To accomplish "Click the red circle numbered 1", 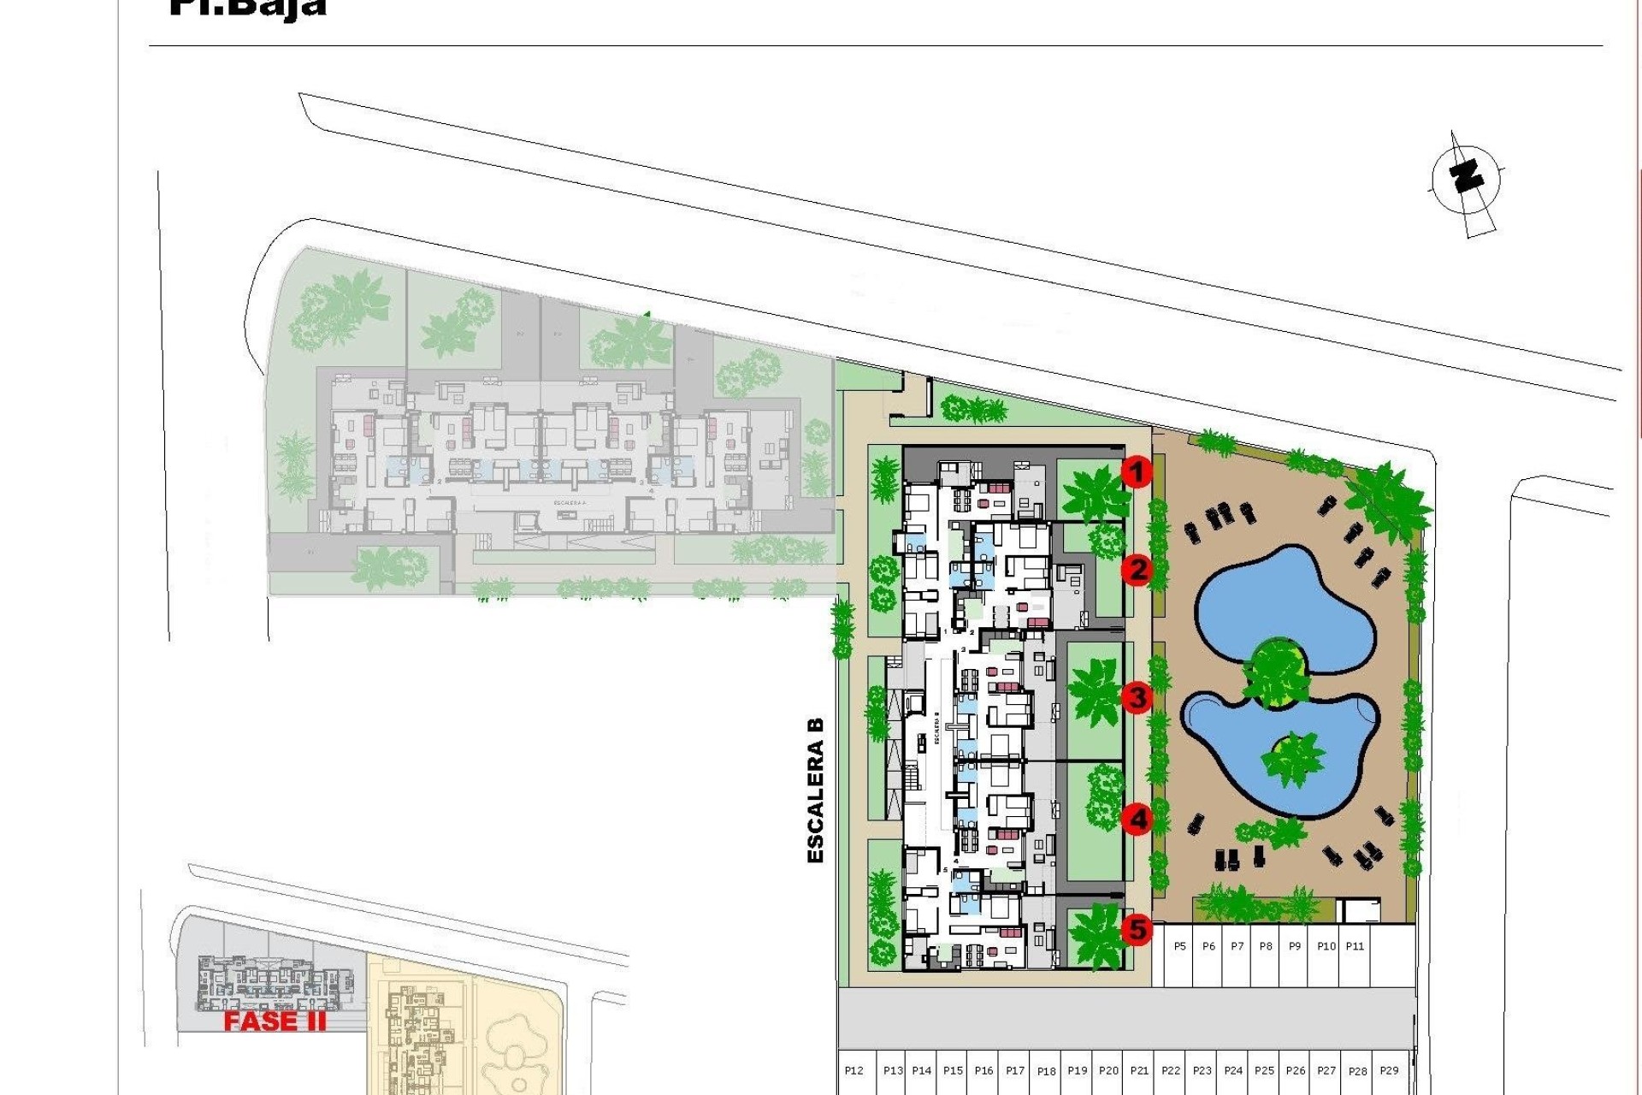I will [x=1137, y=471].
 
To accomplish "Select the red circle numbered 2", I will [x=1137, y=570].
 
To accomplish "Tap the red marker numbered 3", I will [x=1137, y=697].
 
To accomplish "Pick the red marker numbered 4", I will [x=1137, y=820].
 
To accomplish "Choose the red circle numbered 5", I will [x=1137, y=929].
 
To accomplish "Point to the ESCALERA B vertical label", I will [x=815, y=790].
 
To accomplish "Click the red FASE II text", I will [x=275, y=1021].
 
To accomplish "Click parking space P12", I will [x=853, y=1070].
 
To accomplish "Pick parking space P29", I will [x=1389, y=1070].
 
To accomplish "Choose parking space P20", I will [x=1108, y=1070].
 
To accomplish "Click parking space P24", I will [x=1233, y=1070].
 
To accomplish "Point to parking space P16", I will [x=983, y=1070].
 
